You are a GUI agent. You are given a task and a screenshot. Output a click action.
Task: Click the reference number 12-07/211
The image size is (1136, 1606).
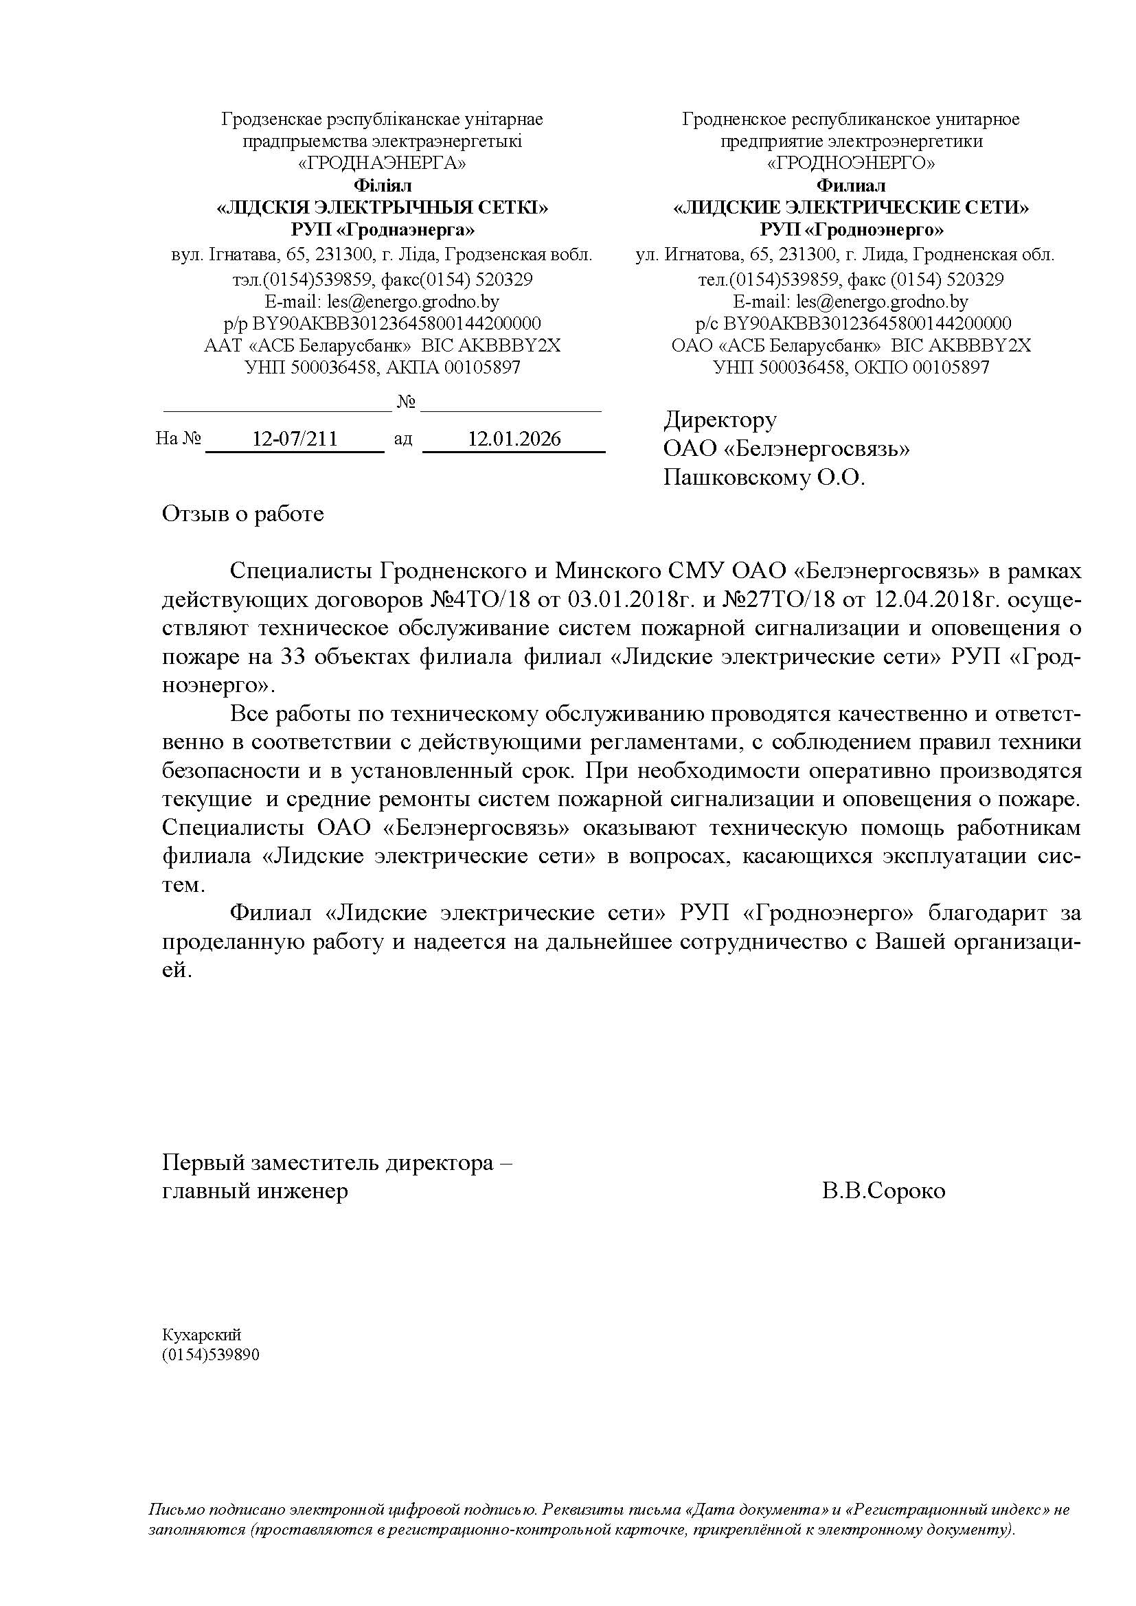tap(295, 439)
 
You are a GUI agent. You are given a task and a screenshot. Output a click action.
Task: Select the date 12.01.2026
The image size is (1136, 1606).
tap(514, 439)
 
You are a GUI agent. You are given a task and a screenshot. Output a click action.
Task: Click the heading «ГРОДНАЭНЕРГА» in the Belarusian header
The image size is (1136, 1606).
tap(382, 163)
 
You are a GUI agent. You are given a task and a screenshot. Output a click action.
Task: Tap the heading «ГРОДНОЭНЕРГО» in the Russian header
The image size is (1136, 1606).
tap(851, 163)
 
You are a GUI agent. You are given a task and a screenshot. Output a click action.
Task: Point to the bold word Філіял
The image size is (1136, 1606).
tap(383, 185)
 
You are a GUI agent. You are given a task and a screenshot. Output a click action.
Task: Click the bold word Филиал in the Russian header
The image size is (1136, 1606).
tap(851, 185)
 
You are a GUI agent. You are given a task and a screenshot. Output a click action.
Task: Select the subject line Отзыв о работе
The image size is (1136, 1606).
tap(242, 514)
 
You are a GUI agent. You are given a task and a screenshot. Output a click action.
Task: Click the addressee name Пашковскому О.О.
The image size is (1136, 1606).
tap(764, 478)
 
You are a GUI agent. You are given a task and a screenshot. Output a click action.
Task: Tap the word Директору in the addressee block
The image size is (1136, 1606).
tap(720, 420)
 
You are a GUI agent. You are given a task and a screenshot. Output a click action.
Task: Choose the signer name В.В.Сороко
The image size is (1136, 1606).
tap(883, 1191)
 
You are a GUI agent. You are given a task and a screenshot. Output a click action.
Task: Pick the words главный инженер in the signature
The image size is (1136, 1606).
tap(255, 1191)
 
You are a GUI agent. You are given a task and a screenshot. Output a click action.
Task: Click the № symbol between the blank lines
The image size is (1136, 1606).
tap(407, 402)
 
